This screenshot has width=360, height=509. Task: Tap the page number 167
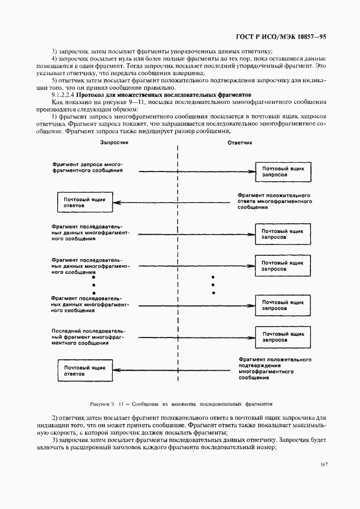coord(324,464)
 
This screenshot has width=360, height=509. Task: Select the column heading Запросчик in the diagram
coord(114,143)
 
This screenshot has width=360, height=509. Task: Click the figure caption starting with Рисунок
coord(180,404)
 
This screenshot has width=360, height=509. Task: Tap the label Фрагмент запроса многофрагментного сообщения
coord(87,167)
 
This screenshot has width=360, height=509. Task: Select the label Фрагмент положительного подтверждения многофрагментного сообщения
coord(274,369)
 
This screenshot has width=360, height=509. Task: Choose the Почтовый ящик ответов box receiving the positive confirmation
coord(84,371)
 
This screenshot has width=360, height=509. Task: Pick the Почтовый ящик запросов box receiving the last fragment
coord(283,336)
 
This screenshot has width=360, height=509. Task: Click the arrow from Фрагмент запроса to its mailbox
coord(196,172)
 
